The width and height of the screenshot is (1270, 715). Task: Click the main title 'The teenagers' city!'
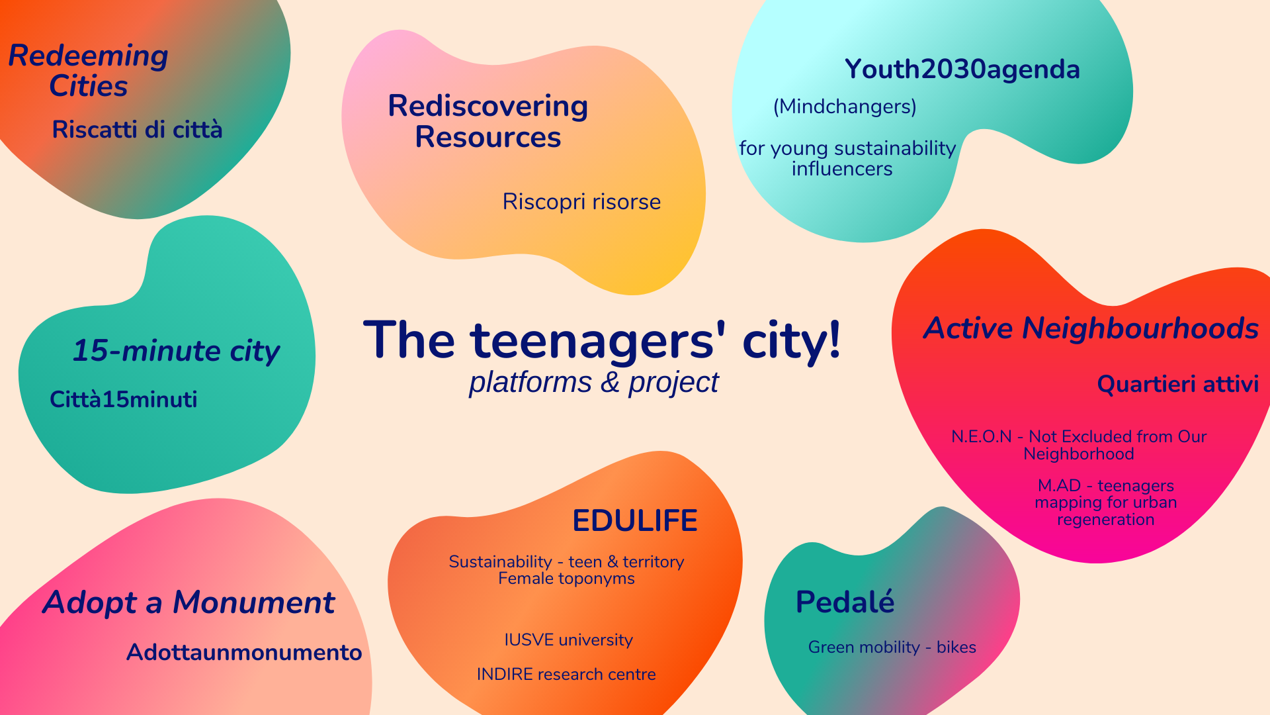pyautogui.click(x=602, y=341)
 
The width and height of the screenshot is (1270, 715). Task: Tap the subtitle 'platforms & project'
pyautogui.click(x=593, y=383)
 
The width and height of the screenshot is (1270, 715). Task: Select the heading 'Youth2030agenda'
pyautogui.click(x=962, y=70)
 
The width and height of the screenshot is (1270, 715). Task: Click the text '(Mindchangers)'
pyautogui.click(x=845, y=107)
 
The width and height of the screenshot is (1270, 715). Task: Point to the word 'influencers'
pyautogui.click(x=842, y=169)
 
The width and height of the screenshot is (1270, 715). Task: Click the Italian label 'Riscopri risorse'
pyautogui.click(x=581, y=202)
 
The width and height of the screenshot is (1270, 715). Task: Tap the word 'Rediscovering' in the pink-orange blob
pyautogui.click(x=488, y=106)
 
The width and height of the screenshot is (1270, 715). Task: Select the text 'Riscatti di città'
pyautogui.click(x=137, y=129)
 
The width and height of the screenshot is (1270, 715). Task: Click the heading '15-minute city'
pyautogui.click(x=176, y=351)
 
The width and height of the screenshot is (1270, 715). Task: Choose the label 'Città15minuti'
pyautogui.click(x=124, y=399)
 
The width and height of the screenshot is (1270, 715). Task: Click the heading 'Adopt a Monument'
pyautogui.click(x=189, y=602)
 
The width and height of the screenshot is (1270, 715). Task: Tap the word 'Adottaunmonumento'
pyautogui.click(x=244, y=652)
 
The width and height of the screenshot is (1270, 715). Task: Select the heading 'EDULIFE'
pyautogui.click(x=635, y=520)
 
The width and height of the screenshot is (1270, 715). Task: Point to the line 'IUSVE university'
pyautogui.click(x=568, y=640)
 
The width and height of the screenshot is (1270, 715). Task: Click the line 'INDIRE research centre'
pyautogui.click(x=566, y=675)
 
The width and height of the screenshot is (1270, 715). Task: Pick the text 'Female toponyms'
pyautogui.click(x=566, y=579)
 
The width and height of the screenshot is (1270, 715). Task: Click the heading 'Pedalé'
pyautogui.click(x=845, y=602)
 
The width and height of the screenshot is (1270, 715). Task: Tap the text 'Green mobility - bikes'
pyautogui.click(x=892, y=647)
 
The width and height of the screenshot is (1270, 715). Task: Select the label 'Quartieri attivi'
pyautogui.click(x=1178, y=384)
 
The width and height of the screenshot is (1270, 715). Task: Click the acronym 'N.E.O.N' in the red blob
pyautogui.click(x=982, y=437)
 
